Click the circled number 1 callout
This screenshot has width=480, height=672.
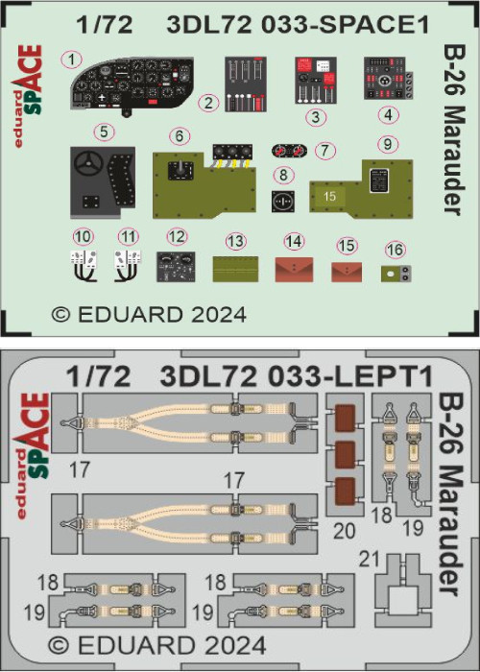(x=72, y=60)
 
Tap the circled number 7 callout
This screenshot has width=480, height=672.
(x=324, y=151)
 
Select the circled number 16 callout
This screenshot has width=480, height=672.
(x=395, y=251)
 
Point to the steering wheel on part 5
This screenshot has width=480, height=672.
(x=89, y=163)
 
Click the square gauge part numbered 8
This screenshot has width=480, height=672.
(x=283, y=201)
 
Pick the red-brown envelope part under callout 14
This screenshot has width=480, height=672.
(x=294, y=270)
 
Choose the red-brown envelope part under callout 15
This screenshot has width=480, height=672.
(x=347, y=272)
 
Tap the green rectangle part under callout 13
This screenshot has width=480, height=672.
(x=236, y=269)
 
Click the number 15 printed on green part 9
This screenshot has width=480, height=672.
(x=329, y=196)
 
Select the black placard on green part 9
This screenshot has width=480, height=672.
(x=378, y=180)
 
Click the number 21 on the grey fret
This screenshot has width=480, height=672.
(x=370, y=560)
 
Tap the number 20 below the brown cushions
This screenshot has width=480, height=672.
(x=344, y=531)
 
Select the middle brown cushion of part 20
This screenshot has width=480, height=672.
(x=345, y=454)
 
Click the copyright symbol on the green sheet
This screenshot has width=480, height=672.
(x=60, y=315)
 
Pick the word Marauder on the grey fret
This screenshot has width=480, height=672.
(x=450, y=532)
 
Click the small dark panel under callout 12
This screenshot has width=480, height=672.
(x=176, y=267)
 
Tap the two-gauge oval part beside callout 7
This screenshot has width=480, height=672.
(x=289, y=151)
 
